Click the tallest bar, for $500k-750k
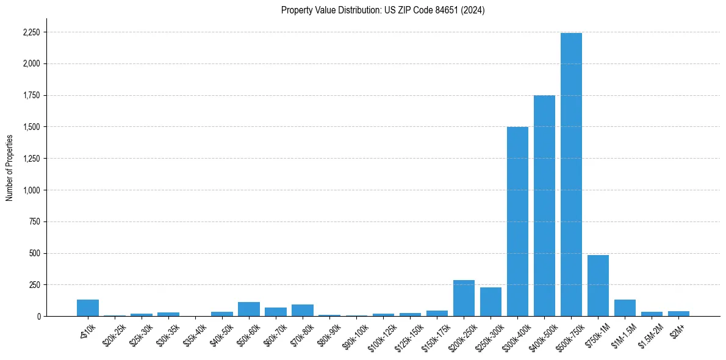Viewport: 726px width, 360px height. (x=571, y=175)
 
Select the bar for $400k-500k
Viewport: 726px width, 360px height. (x=544, y=206)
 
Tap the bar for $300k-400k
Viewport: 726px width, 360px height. (x=517, y=221)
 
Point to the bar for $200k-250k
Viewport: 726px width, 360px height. (x=464, y=298)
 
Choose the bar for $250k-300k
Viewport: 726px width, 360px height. (x=491, y=302)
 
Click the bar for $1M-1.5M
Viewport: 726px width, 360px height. (x=625, y=308)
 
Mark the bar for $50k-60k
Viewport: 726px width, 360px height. (x=249, y=309)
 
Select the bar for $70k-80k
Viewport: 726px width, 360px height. (x=303, y=311)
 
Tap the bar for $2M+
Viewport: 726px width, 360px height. (x=678, y=314)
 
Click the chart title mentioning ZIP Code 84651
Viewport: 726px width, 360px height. (x=383, y=10)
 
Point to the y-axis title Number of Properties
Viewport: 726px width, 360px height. (x=10, y=168)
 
